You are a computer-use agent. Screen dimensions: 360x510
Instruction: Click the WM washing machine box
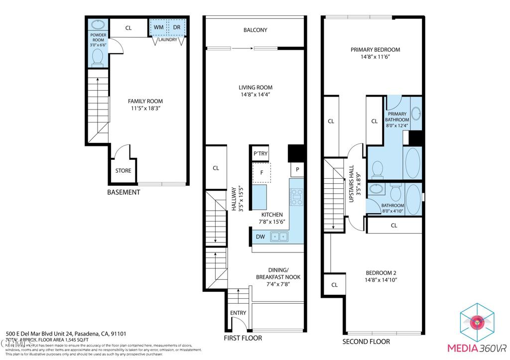coord(159,27)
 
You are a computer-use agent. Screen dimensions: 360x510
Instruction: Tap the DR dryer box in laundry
coord(177,27)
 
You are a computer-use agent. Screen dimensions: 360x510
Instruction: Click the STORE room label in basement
coord(123,171)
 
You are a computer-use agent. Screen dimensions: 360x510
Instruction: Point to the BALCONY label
coord(255,30)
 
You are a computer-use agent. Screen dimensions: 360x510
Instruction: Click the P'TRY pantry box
coord(259,154)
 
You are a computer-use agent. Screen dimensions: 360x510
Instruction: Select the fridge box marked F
coord(259,173)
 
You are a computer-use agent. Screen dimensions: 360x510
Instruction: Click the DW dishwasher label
coord(260,237)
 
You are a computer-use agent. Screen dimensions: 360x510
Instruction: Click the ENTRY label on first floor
coord(238,313)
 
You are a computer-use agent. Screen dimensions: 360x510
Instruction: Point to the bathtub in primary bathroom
coord(412,163)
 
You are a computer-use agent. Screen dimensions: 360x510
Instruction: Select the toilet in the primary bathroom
coord(378,169)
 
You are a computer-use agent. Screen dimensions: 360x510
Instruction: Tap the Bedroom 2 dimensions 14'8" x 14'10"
coord(381,280)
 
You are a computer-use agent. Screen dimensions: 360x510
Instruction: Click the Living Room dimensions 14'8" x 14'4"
coord(255,95)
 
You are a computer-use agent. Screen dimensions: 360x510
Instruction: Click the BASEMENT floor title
coord(124,192)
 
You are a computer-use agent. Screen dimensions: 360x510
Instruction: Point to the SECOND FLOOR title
coord(366,342)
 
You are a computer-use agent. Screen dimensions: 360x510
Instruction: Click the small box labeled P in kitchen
coord(297,170)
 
